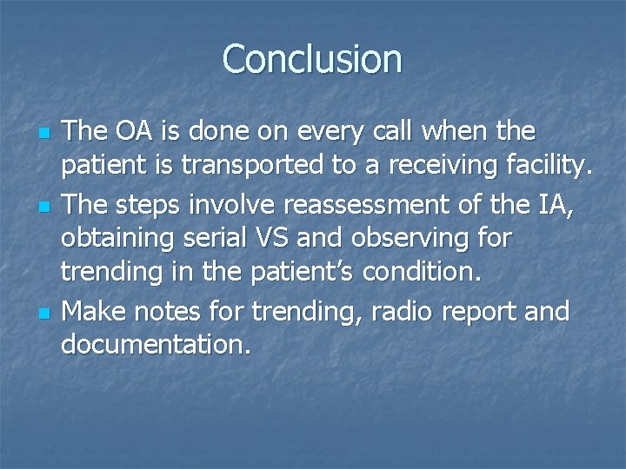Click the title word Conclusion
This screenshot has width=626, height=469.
pyautogui.click(x=312, y=59)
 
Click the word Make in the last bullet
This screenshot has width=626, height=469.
pyautogui.click(x=92, y=310)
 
